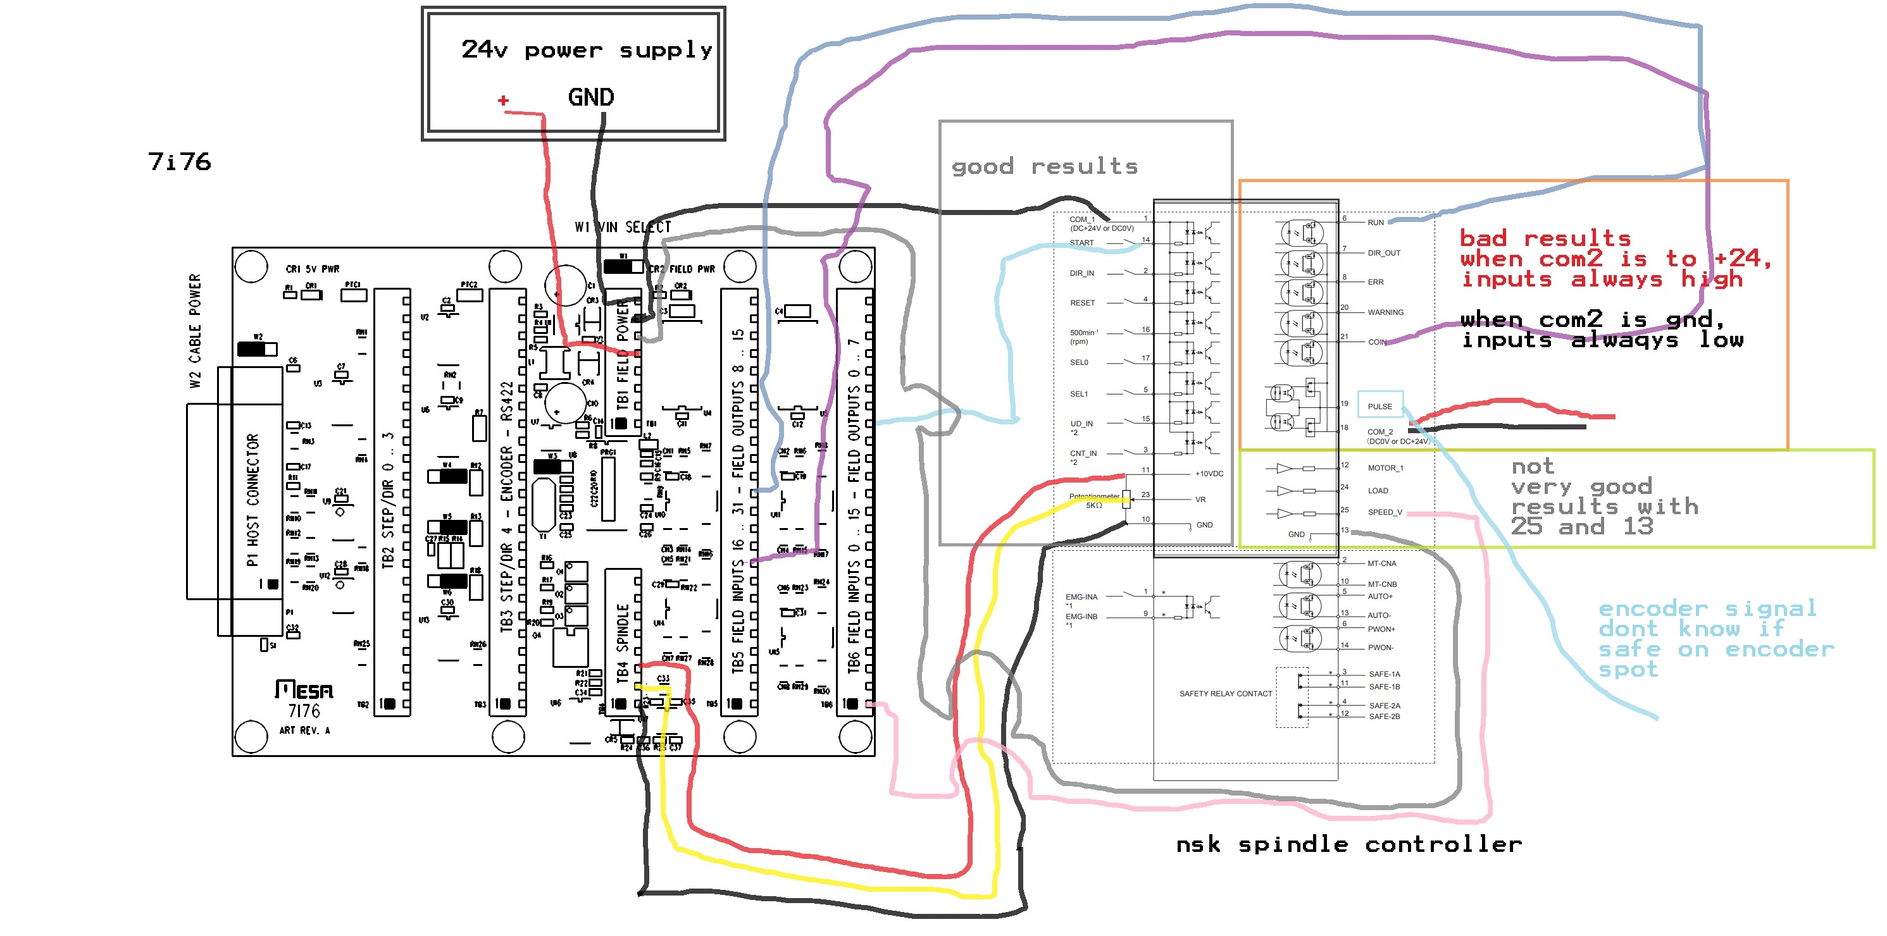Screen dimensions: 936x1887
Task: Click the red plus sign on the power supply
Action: [x=502, y=101]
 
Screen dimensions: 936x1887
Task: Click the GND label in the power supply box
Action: [x=590, y=97]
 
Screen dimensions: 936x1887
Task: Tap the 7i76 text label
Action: [x=180, y=161]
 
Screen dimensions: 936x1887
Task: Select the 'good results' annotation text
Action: [x=1044, y=167]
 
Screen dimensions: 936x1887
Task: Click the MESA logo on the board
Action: [x=304, y=690]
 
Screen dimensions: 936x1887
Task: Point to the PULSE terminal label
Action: [x=1380, y=407]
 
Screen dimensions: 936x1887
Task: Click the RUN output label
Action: [x=1376, y=223]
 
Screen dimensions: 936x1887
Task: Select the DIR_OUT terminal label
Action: [x=1384, y=254]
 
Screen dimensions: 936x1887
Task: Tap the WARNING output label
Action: [x=1385, y=312]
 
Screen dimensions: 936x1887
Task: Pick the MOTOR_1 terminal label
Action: [x=1385, y=468]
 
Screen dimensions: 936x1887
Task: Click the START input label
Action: [x=1082, y=243]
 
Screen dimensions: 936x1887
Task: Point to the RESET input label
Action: [x=1083, y=303]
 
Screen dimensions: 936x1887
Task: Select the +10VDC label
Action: [x=1209, y=474]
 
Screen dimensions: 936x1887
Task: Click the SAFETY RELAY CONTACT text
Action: [x=1226, y=694]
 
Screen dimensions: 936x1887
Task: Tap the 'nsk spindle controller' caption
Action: [x=1348, y=844]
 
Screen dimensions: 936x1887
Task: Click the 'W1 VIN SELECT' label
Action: [x=623, y=227]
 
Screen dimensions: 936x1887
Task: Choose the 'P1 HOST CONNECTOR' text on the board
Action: [x=252, y=500]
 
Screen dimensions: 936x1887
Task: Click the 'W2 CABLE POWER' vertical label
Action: [x=194, y=331]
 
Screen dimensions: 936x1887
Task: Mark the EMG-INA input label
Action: [x=1081, y=598]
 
